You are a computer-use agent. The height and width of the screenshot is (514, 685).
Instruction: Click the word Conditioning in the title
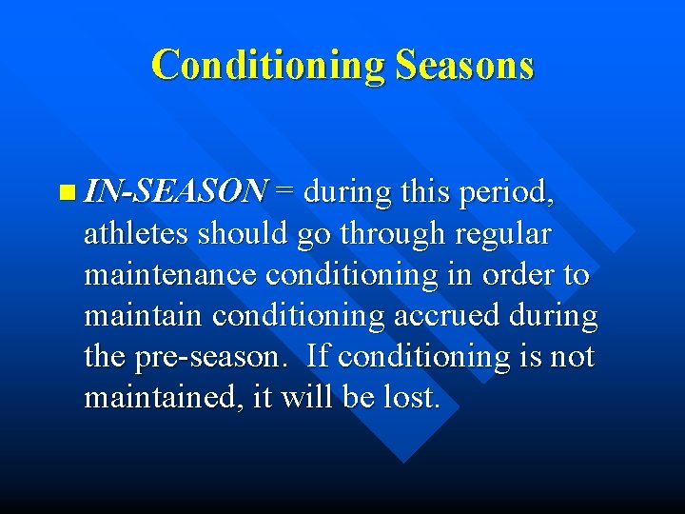coord(267,65)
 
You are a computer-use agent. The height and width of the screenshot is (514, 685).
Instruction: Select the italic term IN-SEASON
coord(175,192)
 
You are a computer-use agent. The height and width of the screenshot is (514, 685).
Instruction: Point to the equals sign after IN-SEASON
coord(284,192)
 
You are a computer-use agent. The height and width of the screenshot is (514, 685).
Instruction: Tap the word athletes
coord(136,234)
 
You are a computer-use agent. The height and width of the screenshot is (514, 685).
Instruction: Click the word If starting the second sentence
coord(320,356)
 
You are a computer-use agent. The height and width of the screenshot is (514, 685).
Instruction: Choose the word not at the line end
coord(571,357)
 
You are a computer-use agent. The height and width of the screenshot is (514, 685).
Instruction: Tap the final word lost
coord(411,397)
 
